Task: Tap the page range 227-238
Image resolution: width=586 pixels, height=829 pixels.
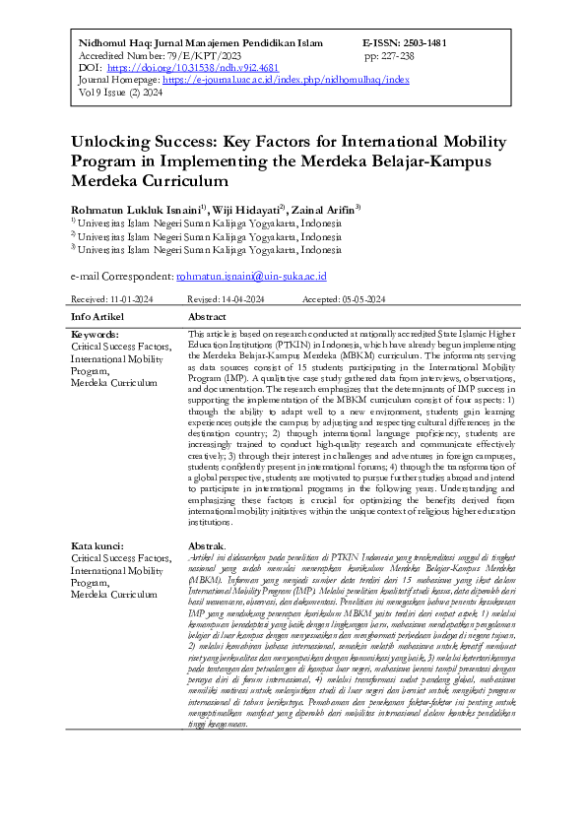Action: click(x=408, y=56)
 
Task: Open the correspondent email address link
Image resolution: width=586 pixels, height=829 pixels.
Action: click(x=258, y=277)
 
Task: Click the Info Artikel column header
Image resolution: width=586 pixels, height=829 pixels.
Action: click(x=98, y=317)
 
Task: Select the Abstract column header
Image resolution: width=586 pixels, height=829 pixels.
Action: click(x=209, y=317)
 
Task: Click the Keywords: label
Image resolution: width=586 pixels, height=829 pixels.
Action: click(x=96, y=336)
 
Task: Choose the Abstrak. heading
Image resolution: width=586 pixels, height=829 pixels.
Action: click(x=207, y=546)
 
